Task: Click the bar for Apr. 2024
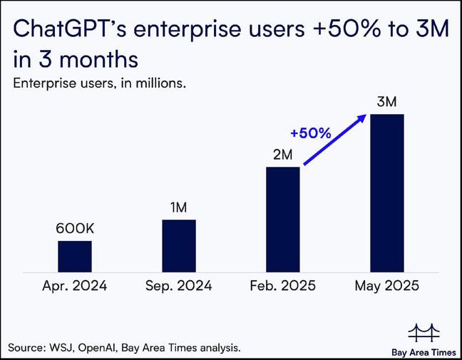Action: click(75, 257)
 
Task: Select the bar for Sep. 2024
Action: click(178, 246)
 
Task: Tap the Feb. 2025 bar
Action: click(282, 220)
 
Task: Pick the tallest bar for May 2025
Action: click(387, 193)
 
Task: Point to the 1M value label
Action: click(178, 207)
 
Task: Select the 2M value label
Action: click(282, 155)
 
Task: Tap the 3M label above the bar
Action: click(387, 102)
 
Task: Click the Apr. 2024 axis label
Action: click(75, 287)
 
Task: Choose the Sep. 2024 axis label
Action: click(178, 287)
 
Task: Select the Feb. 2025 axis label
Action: click(282, 287)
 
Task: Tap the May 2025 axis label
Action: click(387, 287)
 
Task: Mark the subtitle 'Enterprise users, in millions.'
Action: click(100, 83)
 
